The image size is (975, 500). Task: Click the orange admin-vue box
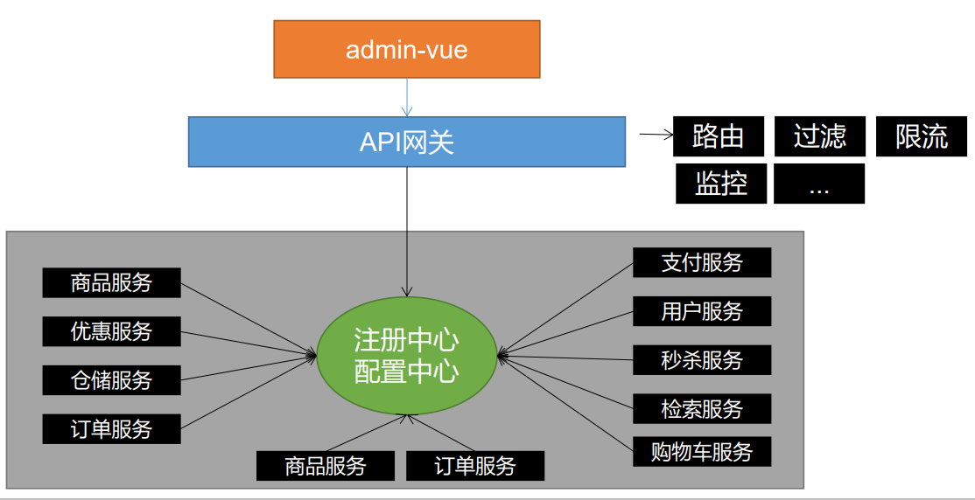[407, 49]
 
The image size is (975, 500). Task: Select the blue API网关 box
[407, 142]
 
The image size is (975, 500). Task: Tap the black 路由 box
[719, 136]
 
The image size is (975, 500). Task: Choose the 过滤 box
[819, 136]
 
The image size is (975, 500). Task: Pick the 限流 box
[921, 136]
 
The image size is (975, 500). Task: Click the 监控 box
[720, 184]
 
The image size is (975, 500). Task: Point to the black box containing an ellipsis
[819, 184]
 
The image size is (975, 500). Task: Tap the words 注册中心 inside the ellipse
[406, 340]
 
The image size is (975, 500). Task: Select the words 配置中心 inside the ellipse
[406, 372]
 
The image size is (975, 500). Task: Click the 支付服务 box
[702, 262]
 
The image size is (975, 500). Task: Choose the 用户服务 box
[702, 311]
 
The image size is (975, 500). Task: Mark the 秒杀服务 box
[702, 360]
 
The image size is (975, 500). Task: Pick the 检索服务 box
[702, 409]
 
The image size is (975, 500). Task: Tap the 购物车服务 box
[702, 452]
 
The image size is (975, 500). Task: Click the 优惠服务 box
[111, 331]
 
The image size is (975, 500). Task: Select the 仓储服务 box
[111, 380]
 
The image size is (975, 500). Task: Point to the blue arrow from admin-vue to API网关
[407, 97]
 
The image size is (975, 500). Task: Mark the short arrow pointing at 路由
[656, 135]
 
